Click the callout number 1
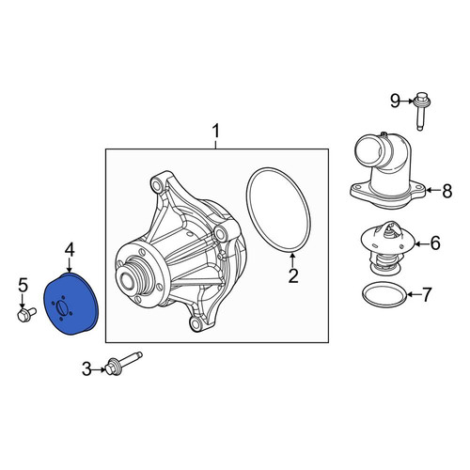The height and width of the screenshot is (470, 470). tap(216, 131)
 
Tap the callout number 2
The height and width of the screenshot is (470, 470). tap(293, 276)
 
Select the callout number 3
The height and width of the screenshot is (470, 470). tap(86, 368)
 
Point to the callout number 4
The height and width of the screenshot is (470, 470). tap(70, 250)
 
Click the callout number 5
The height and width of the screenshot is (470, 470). tap(23, 285)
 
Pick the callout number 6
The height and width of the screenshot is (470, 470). tap(435, 243)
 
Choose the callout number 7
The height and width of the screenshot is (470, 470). tap(427, 294)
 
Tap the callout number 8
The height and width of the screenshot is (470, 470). tap(447, 191)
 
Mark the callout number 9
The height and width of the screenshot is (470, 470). tap(395, 101)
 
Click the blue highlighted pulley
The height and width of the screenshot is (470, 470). tap(70, 304)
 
